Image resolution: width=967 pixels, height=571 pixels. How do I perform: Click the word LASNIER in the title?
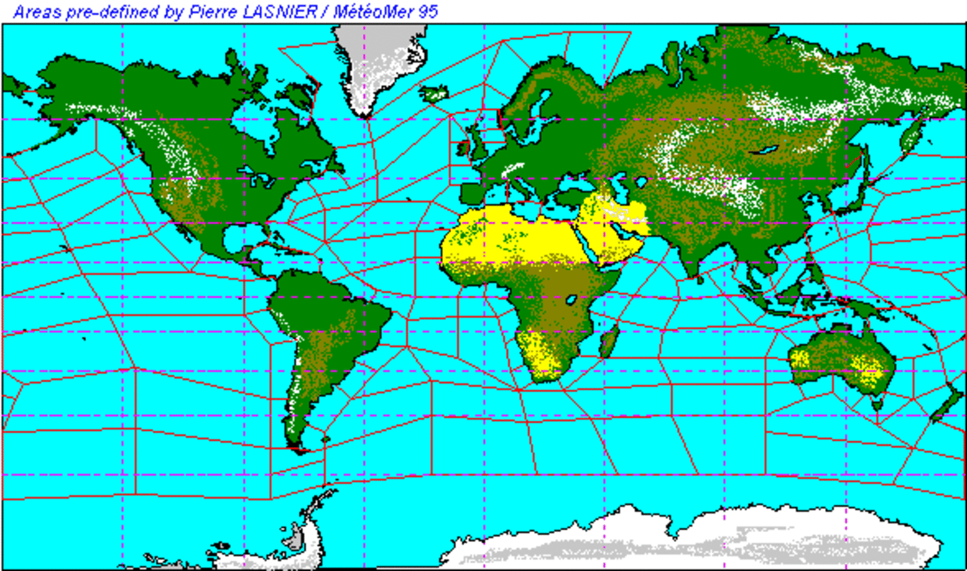pos(280,12)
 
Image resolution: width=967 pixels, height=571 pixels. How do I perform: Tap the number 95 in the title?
pos(428,12)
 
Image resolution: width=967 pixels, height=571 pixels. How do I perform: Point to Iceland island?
pos(434,93)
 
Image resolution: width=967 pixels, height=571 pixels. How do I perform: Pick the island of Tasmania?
pos(877,403)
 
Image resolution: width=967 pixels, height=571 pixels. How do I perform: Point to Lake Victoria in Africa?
pos(571,300)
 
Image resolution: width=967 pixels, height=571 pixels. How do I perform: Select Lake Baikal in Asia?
pos(764,150)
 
